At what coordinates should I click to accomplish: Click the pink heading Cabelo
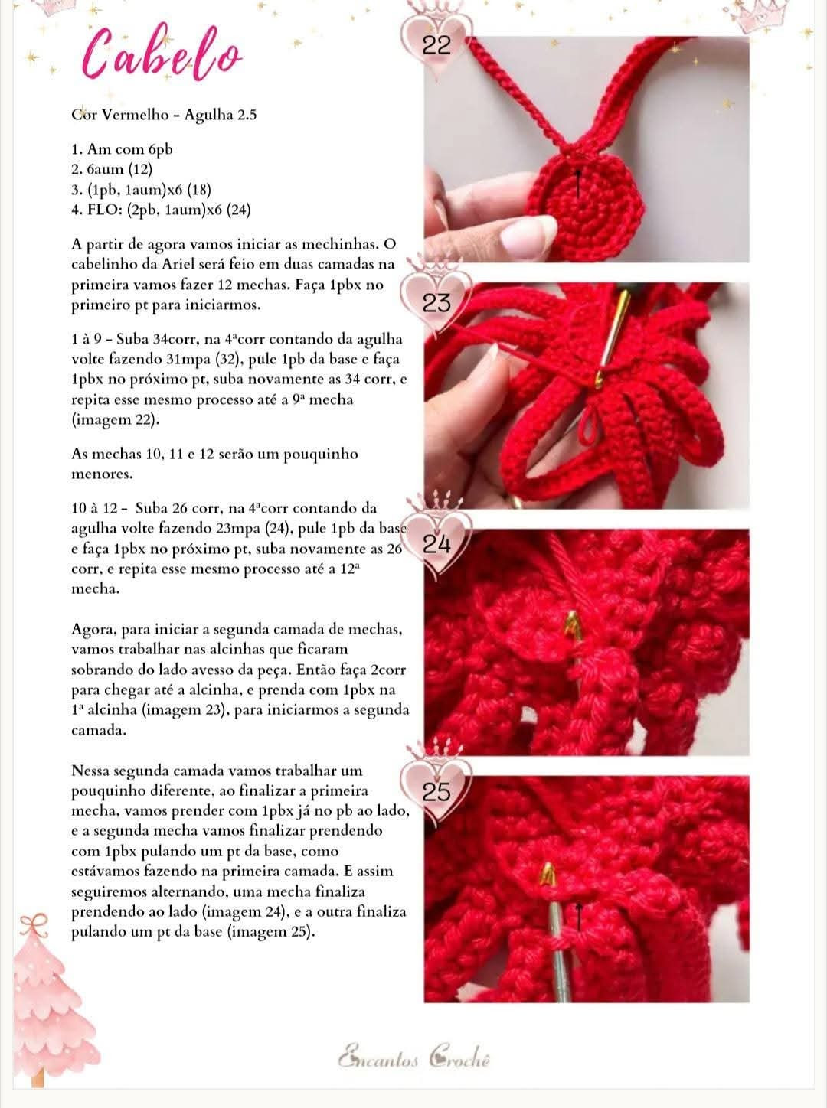(x=162, y=54)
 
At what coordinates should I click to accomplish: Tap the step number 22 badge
(x=437, y=46)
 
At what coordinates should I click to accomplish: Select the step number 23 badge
(x=437, y=304)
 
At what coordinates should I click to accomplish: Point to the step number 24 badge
(x=438, y=546)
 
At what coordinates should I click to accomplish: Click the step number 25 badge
(x=437, y=793)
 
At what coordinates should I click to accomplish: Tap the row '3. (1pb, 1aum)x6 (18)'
(x=141, y=189)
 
